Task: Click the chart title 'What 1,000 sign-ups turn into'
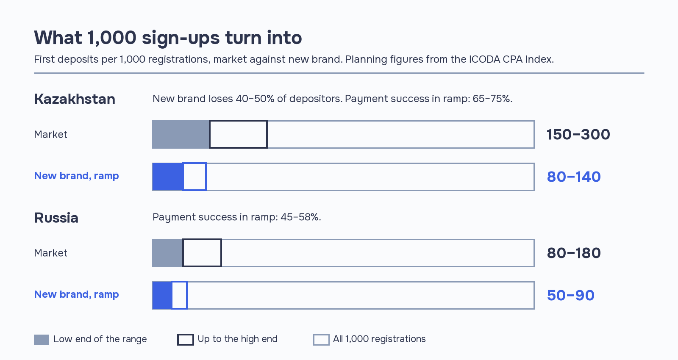(x=168, y=38)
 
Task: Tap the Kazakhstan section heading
(x=75, y=99)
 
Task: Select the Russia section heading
(x=56, y=218)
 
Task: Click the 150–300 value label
(x=578, y=135)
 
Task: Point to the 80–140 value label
(x=574, y=177)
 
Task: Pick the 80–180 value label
(x=574, y=253)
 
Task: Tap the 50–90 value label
(x=570, y=295)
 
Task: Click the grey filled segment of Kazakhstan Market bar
(x=181, y=135)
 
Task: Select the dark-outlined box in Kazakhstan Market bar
(x=209, y=135)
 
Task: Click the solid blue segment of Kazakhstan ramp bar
(x=168, y=177)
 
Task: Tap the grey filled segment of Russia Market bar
(x=167, y=253)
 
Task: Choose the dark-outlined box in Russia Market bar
(x=183, y=253)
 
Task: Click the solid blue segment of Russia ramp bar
(x=162, y=296)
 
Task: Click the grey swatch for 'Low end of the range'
(x=42, y=340)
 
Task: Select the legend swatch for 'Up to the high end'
(x=178, y=340)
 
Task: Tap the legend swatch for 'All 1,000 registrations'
(x=314, y=340)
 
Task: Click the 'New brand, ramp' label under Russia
(x=76, y=294)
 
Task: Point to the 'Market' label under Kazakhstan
(x=50, y=134)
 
